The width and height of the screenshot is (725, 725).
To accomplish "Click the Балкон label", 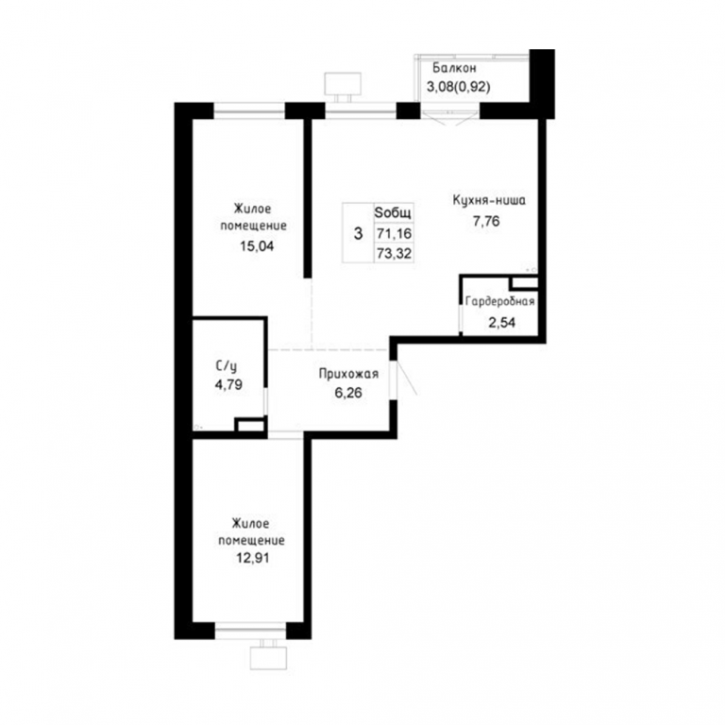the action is click(x=454, y=68).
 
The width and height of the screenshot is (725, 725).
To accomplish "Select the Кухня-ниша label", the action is click(x=489, y=201).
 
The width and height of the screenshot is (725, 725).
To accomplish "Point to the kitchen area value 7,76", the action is click(x=486, y=221).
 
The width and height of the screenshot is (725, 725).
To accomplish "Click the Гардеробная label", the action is click(x=499, y=301).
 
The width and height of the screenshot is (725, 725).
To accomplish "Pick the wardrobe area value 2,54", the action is click(x=501, y=322).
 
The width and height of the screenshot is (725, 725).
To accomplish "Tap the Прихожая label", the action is click(x=348, y=374).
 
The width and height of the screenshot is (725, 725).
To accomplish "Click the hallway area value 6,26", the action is click(x=348, y=393).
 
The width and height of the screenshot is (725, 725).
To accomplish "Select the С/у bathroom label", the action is click(x=227, y=366).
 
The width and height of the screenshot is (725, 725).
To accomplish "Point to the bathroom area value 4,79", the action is click(x=228, y=384).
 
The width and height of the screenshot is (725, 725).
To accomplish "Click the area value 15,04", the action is click(x=257, y=246).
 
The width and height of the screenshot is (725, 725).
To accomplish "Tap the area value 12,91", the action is click(x=252, y=558).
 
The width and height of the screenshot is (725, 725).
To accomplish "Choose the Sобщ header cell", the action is click(x=393, y=213).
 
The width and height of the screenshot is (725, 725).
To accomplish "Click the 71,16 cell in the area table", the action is click(x=394, y=233).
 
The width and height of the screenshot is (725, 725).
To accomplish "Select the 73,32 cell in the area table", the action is click(x=394, y=253).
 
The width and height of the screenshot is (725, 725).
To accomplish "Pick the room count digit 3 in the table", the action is click(x=358, y=233).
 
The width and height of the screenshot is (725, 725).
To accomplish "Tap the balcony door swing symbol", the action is click(x=450, y=119).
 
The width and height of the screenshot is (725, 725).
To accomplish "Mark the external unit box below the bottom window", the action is click(x=269, y=657).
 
